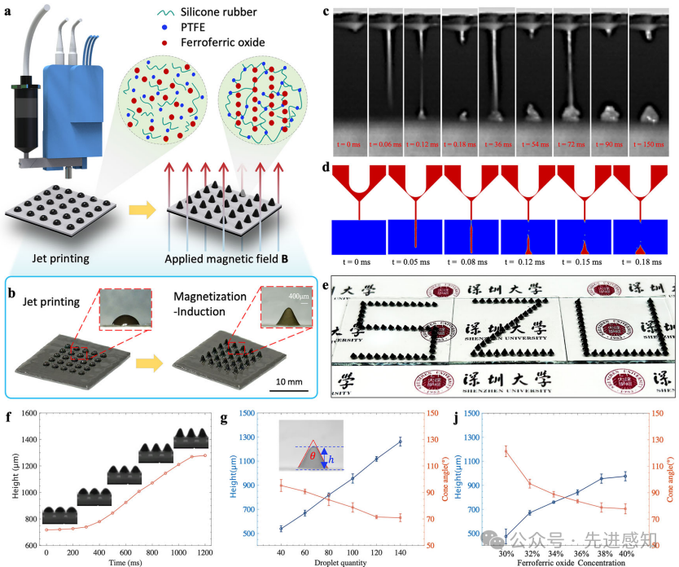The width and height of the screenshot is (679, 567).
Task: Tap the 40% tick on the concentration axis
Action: click(625, 553)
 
